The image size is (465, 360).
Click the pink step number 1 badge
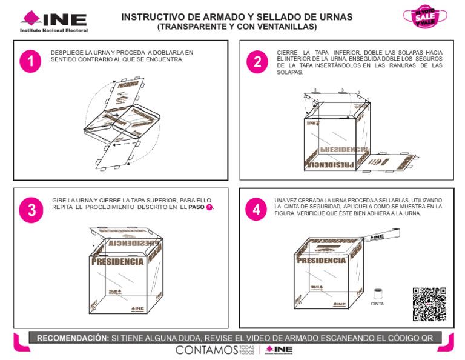pyautogui.click(x=30, y=61)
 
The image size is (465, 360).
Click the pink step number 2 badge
pyautogui.click(x=257, y=62)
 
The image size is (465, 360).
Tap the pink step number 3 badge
pyautogui.click(x=30, y=210)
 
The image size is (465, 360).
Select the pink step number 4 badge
pyautogui.click(x=257, y=210)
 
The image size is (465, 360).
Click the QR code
pyautogui.click(x=429, y=304)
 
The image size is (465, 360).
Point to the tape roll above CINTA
pyautogui.click(x=378, y=294)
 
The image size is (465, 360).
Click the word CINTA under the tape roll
pyautogui.click(x=378, y=304)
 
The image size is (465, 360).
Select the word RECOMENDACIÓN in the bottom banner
pyautogui.click(x=73, y=338)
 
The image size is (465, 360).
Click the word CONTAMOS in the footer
pyautogui.click(x=206, y=350)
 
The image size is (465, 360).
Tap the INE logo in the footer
pyautogui.click(x=279, y=350)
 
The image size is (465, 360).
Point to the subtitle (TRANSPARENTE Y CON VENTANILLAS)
pyautogui.click(x=237, y=27)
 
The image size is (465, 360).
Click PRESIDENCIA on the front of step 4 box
pyautogui.click(x=322, y=261)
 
